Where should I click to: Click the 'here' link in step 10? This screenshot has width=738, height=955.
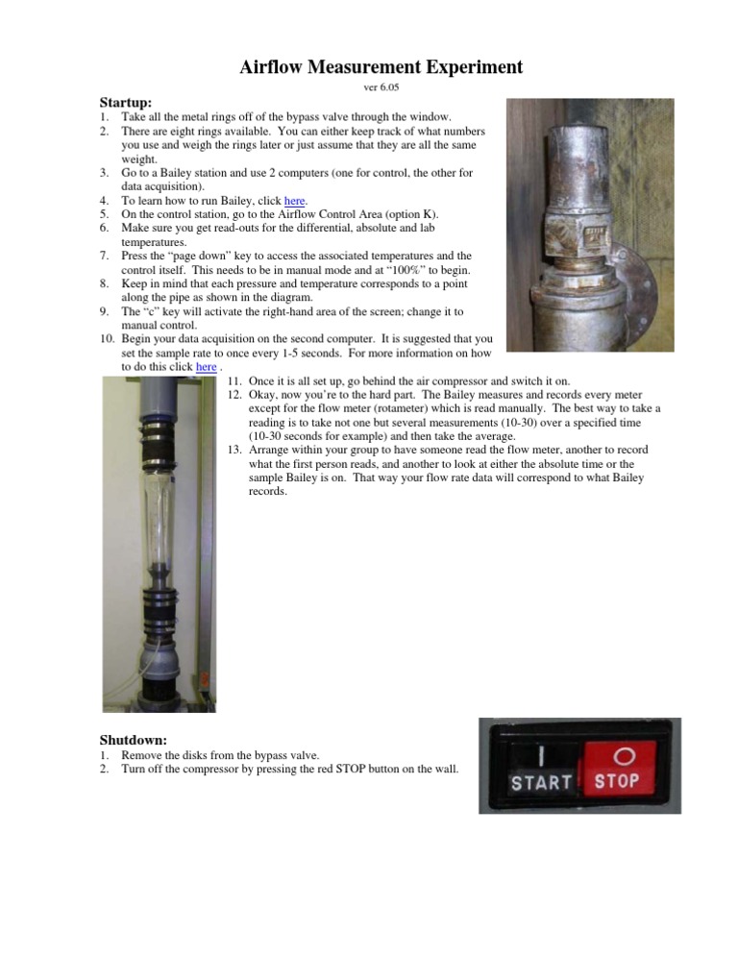tap(206, 367)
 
